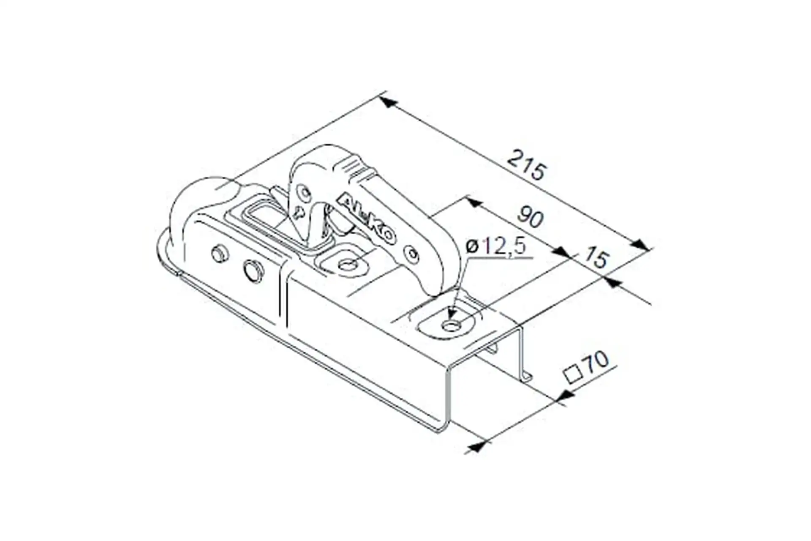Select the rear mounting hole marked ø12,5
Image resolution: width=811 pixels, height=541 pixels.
click(x=451, y=325)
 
